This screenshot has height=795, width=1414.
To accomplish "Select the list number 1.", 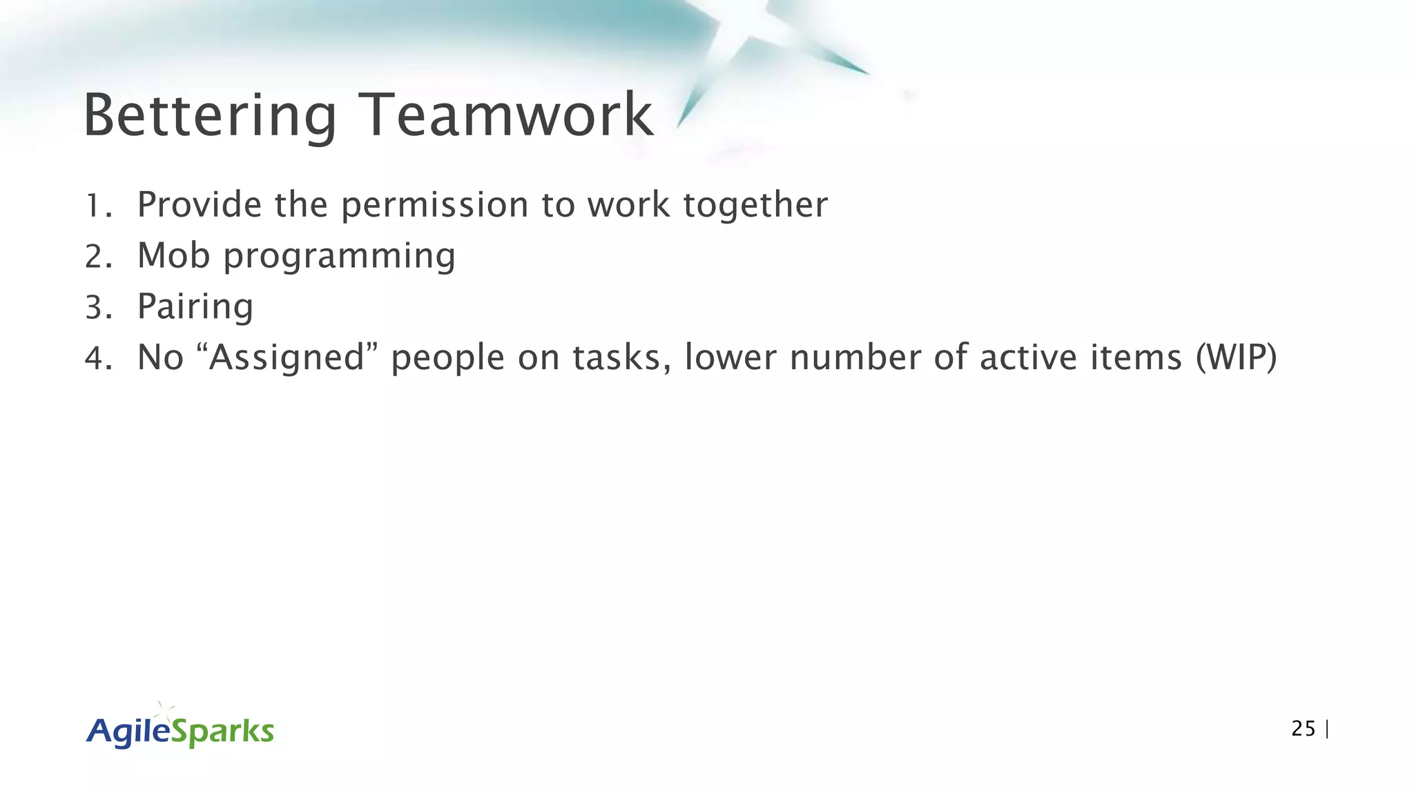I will (x=96, y=206).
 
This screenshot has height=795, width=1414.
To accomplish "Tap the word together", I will (x=755, y=206).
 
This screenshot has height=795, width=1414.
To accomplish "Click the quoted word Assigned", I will (x=287, y=359).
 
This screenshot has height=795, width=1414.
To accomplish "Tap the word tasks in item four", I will (x=621, y=359).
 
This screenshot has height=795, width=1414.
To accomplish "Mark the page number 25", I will (x=1303, y=729).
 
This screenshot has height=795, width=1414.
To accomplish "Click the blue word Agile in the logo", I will (x=128, y=732).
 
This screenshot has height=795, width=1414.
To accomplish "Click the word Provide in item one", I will (x=200, y=205).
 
